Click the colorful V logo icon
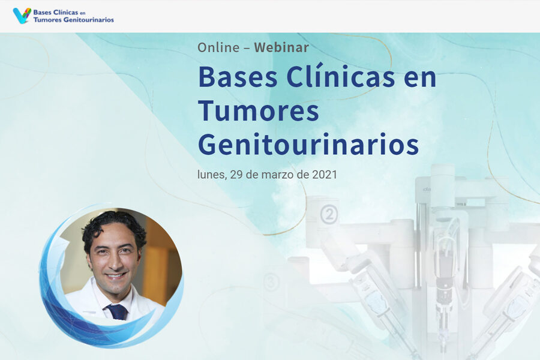(22, 16)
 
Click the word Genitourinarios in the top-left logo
(89, 20)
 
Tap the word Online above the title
(218, 47)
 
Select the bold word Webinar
(281, 47)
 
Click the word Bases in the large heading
(238, 77)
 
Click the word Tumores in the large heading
(259, 110)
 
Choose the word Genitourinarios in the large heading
(308, 143)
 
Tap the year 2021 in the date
(325, 175)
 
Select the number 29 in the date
(236, 175)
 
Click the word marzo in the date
(278, 175)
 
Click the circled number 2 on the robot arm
(329, 215)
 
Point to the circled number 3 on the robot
(271, 282)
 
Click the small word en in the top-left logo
(82, 13)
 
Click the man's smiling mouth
(115, 276)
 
